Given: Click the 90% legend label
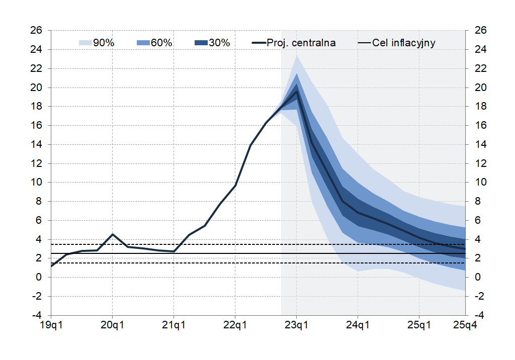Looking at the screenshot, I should click(104, 43).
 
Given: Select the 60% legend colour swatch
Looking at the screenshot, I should click(143, 43).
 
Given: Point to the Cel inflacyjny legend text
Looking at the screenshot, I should click(404, 43).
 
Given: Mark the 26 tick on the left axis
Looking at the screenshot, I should click(36, 31).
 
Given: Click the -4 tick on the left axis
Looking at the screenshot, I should click(36, 316).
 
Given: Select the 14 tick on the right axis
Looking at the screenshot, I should click(480, 145).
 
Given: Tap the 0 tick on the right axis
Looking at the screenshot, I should click(477, 278).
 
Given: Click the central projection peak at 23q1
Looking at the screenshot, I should click(297, 92).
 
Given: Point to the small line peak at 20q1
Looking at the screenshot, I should click(113, 234).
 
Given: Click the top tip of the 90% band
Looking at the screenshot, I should click(297, 55).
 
